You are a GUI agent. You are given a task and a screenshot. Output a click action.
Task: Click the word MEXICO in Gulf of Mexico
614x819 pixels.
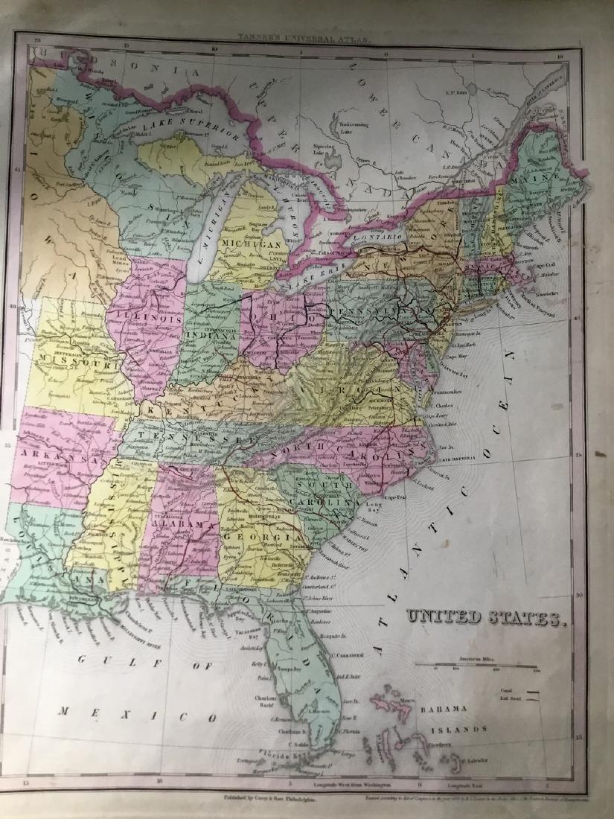click(138, 713)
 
